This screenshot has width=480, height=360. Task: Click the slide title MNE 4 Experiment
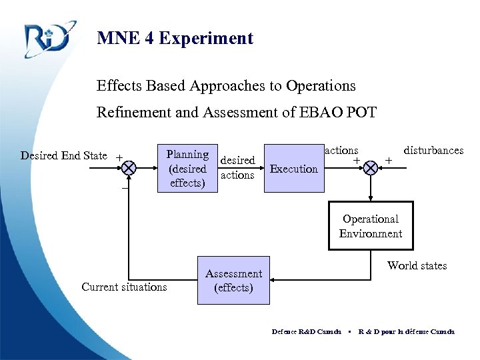(175, 38)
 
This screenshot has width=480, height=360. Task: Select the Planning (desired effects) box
(187, 169)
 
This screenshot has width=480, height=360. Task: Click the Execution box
(293, 169)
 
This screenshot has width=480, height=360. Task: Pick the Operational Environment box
(370, 226)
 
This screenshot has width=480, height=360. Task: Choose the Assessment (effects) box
(233, 281)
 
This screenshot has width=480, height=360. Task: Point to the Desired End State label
(64, 156)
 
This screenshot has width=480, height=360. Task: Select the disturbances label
(433, 151)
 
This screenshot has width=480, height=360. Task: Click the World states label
(417, 265)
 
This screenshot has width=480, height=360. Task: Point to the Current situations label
(124, 287)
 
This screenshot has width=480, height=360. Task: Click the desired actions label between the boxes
(237, 167)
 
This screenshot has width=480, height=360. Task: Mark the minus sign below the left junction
(124, 188)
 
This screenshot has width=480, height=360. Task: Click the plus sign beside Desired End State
(119, 158)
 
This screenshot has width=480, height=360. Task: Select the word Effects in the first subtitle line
(117, 86)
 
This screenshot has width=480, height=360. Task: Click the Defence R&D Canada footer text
(306, 331)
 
